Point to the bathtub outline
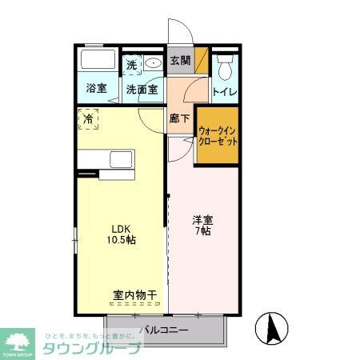98,62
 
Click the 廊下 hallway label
179,118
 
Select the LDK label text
118,226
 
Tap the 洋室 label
202,219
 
